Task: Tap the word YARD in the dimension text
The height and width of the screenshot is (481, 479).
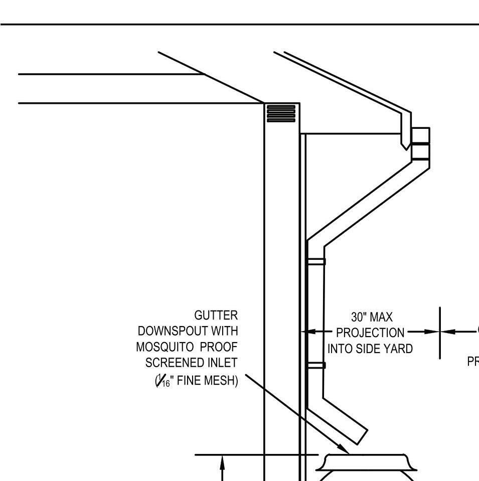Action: tap(398, 349)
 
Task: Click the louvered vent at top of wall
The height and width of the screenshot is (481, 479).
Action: tap(281, 113)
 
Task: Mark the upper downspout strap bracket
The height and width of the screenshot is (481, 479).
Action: tap(316, 261)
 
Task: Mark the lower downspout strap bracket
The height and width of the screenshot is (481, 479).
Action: tap(316, 365)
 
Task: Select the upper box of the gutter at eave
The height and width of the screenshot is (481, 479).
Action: tap(420, 135)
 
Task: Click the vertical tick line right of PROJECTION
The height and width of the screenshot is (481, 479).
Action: tap(440, 333)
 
